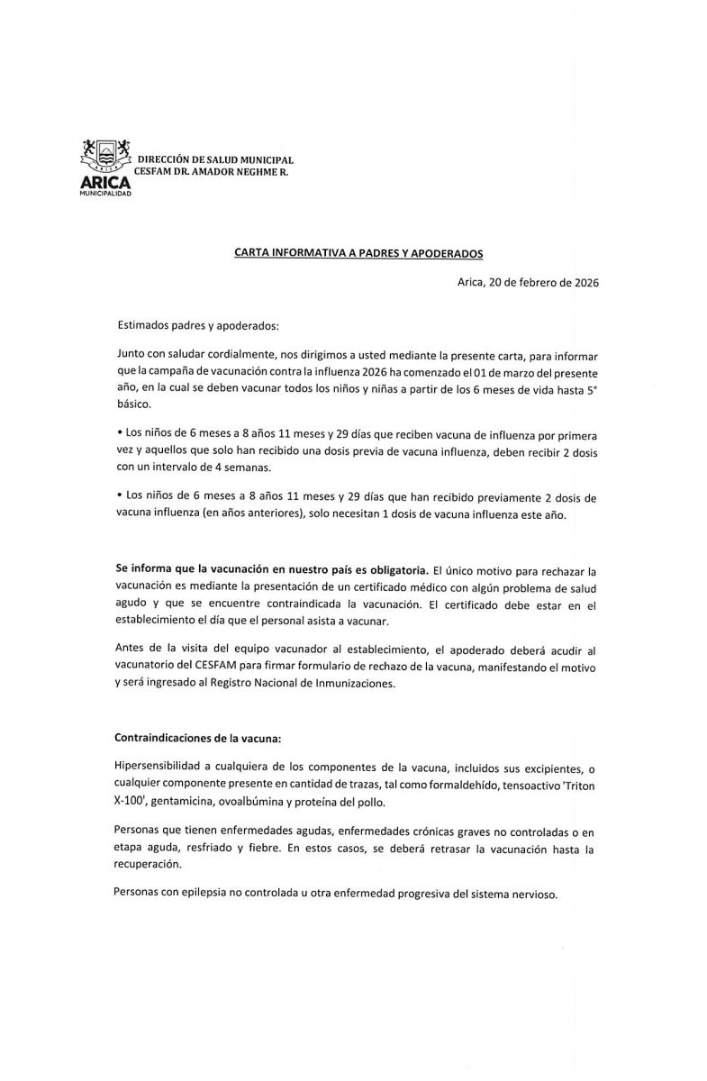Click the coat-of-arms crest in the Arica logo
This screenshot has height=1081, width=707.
coord(106,152)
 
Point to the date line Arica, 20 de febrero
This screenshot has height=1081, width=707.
coord(528,282)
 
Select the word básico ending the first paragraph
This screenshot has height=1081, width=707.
coord(134,404)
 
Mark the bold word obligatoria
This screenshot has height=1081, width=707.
coord(393,572)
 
